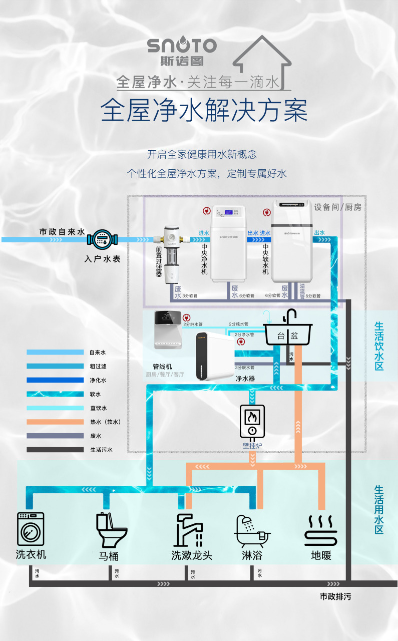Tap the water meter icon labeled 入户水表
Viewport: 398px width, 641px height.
click(x=102, y=239)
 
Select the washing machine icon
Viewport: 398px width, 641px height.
click(x=31, y=529)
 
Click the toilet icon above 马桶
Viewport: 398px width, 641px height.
click(x=111, y=530)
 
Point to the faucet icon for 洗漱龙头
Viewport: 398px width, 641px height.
click(x=189, y=530)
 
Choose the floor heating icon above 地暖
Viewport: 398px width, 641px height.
click(x=321, y=531)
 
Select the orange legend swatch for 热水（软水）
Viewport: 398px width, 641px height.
click(x=55, y=422)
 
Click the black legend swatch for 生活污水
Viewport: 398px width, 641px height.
click(x=55, y=450)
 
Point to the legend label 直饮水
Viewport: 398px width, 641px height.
click(x=98, y=408)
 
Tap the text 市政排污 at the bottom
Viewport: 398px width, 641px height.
click(x=339, y=596)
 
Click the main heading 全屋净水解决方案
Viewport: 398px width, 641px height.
click(x=204, y=111)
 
